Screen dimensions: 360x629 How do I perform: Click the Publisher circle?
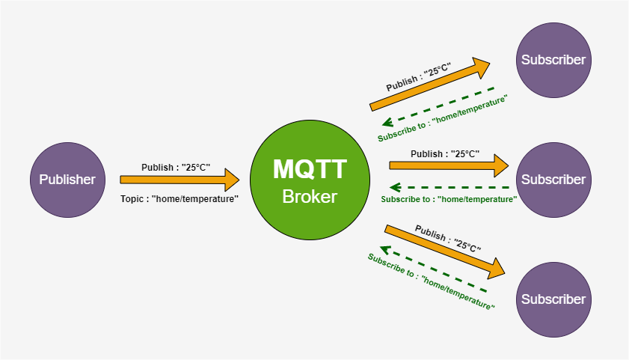point(67,180)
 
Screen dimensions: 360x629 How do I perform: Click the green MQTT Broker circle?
point(310,180)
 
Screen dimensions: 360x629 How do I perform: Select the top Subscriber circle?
point(553,60)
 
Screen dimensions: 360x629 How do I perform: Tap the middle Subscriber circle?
point(553,180)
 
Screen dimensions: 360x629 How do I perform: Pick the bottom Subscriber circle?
point(553,299)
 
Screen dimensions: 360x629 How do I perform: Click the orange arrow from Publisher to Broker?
point(180,180)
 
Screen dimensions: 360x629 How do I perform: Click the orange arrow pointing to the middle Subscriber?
point(449,165)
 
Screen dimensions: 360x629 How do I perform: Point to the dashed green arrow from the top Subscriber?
point(441,109)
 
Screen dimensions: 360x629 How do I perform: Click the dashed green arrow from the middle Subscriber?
point(452,187)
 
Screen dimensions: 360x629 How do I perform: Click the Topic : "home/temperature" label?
point(180,199)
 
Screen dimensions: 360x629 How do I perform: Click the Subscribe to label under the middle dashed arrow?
point(449,199)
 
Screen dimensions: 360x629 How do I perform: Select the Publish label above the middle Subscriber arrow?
point(445,153)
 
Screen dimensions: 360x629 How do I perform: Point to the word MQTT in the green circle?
point(310,169)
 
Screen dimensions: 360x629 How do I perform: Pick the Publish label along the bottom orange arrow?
point(448,237)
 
